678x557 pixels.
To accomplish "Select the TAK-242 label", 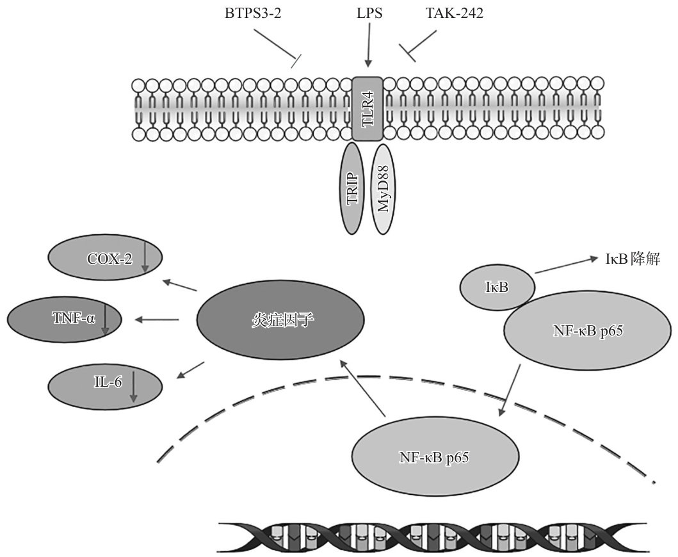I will click(x=455, y=13).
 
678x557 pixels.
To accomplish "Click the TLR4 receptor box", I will click(x=367, y=109).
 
